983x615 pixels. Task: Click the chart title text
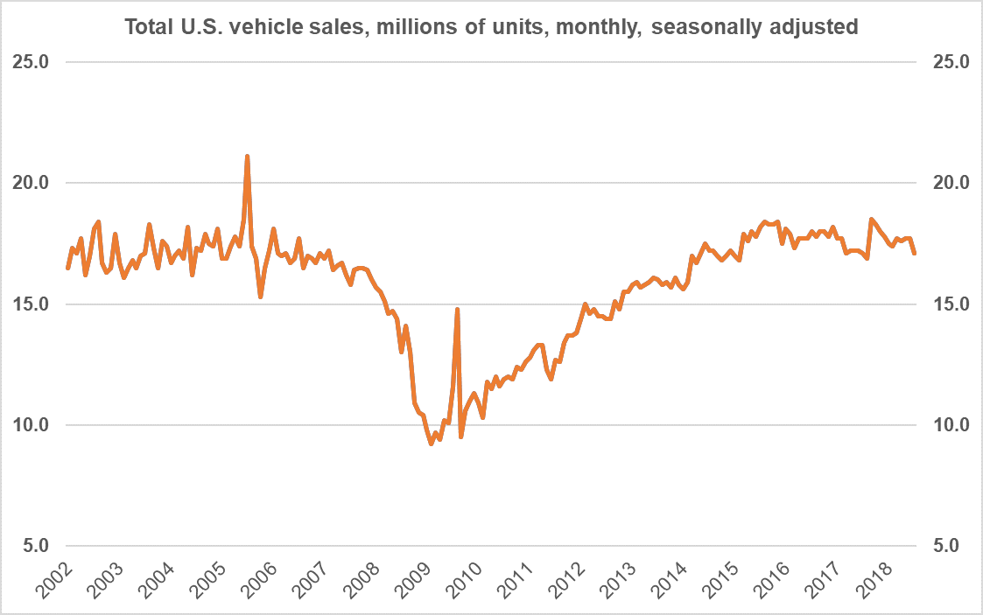click(x=491, y=27)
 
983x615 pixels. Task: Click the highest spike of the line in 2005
click(x=248, y=157)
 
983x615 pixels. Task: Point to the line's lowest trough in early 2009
click(x=432, y=444)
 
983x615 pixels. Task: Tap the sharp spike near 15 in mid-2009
click(x=457, y=309)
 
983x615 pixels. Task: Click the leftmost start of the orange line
click(x=67, y=268)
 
